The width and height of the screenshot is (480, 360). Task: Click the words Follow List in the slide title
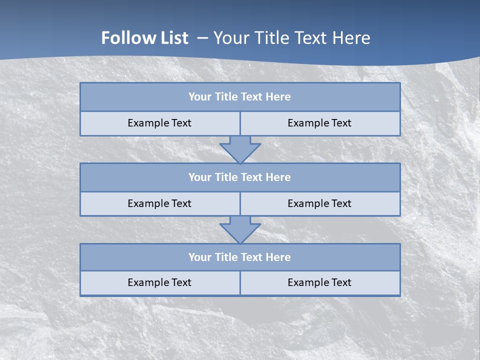[x=144, y=38]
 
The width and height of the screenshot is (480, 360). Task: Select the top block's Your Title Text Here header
[x=239, y=97]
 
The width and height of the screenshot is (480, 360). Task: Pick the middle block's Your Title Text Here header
[x=239, y=177]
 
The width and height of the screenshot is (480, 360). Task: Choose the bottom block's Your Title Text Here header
[x=239, y=257]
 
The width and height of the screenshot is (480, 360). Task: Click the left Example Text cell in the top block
[x=159, y=123]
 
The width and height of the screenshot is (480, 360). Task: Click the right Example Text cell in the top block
[x=319, y=123]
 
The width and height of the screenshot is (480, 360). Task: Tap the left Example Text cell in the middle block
[x=159, y=203]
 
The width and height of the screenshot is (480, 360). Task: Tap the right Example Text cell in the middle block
[x=319, y=203]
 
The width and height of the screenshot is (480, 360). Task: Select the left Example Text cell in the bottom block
[x=159, y=282]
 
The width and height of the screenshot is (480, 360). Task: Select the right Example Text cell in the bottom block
[x=319, y=282]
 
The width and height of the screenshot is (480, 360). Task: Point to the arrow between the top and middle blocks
[x=240, y=149]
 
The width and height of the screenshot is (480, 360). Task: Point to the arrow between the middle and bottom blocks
[x=240, y=229]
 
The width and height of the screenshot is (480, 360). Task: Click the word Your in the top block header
[x=200, y=97]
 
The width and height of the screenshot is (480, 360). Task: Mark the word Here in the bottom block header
[x=278, y=257]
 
